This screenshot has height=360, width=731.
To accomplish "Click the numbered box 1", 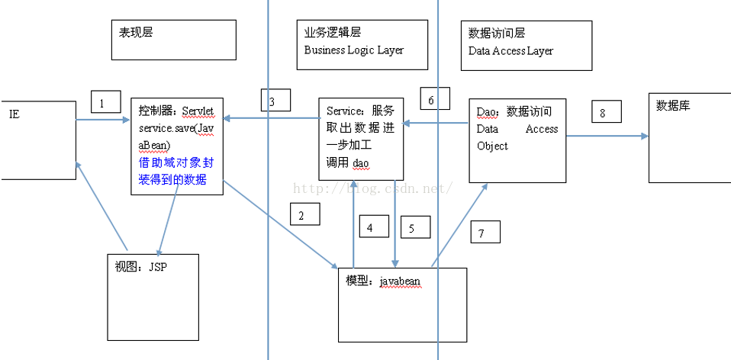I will [106, 102].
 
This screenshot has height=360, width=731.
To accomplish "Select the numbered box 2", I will [304, 215].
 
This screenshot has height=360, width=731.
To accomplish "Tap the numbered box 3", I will [275, 101].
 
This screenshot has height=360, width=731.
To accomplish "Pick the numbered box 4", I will [371, 227].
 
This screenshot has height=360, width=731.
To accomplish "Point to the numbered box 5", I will [414, 227].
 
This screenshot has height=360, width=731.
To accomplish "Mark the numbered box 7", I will [484, 233].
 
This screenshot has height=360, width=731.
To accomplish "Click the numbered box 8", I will [606, 113].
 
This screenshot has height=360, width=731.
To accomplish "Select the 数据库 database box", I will [690, 137].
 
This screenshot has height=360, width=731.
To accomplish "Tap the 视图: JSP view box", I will [153, 296].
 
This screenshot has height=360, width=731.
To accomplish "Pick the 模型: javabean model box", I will [402, 304].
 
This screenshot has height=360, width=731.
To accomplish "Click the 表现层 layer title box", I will [173, 40].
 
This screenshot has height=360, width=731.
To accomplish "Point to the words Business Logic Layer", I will [354, 50].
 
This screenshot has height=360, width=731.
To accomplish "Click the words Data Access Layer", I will [510, 51].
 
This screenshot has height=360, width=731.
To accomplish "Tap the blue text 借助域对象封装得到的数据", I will [177, 172].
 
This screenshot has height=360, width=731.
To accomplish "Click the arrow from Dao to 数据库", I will [607, 137].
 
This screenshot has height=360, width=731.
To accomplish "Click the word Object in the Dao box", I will [492, 146].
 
